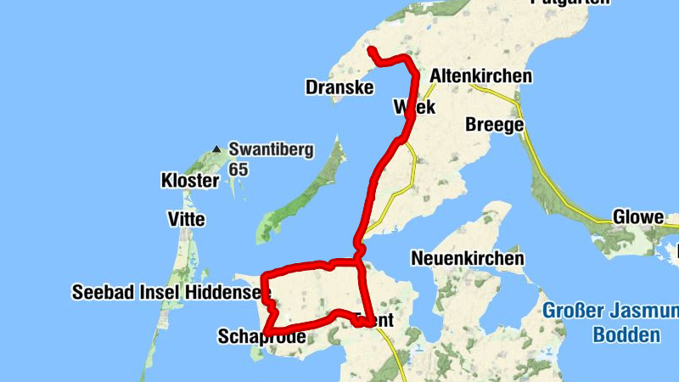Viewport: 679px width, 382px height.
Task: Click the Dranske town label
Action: [339, 87]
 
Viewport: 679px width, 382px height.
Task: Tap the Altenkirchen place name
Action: [481, 76]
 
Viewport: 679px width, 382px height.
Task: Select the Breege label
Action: [495, 125]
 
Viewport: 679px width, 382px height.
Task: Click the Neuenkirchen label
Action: [467, 257]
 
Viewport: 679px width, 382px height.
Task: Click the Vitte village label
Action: [187, 220]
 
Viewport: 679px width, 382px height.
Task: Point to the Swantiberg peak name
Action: [271, 150]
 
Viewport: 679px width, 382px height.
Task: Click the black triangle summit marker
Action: [217, 149]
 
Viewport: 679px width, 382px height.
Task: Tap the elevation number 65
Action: [238, 169]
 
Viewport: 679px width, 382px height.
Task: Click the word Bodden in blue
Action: [626, 334]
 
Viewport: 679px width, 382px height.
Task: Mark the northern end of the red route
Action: [371, 51]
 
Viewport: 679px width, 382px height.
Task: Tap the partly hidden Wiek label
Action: [414, 108]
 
